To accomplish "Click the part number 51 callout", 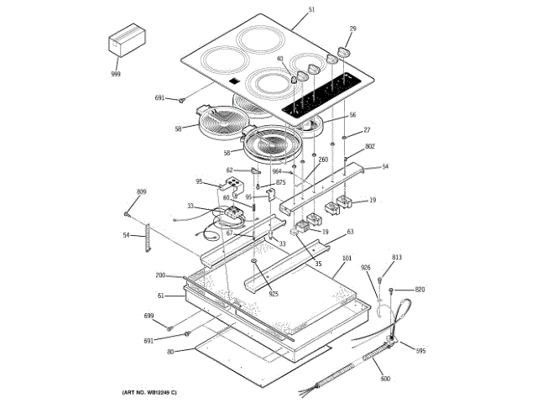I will pos(311,9).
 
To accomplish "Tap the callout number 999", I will pos(116,75).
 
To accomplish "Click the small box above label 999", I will pos(127,44).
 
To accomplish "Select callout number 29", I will pos(353,29).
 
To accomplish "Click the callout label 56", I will pos(352,115).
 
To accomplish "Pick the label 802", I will pos(369,146).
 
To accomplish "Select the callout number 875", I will pos(280,182).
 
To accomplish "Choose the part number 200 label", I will pos(160,275).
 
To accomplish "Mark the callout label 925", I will pos(273,294).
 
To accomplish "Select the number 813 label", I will pos(397,257).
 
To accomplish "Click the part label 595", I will pos(420,351).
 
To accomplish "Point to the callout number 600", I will pos(385,379).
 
